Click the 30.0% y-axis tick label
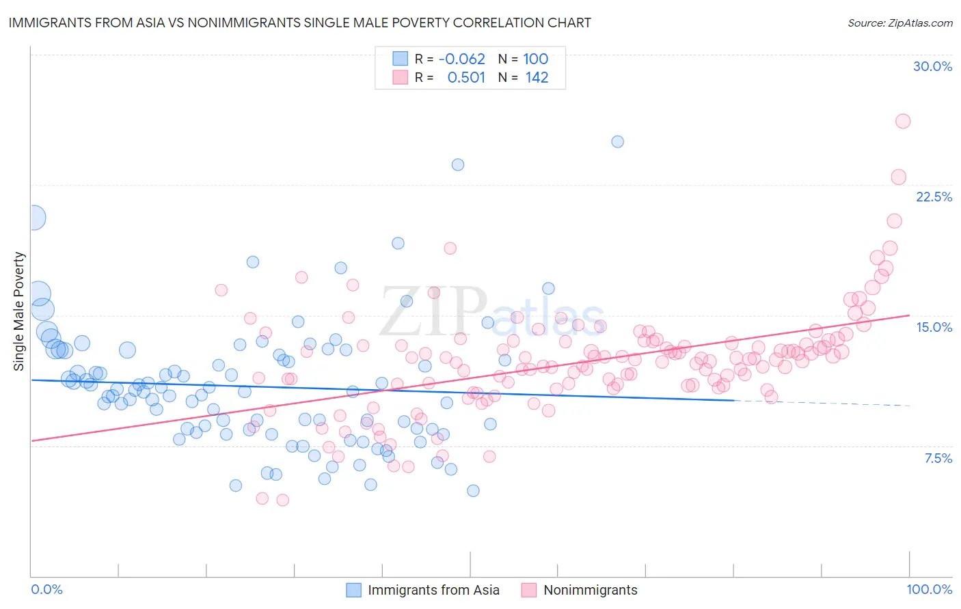[x=932, y=66]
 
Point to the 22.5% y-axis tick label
[x=934, y=197]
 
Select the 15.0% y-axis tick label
[x=934, y=327]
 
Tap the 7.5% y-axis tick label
[x=938, y=458]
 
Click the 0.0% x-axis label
[x=47, y=589]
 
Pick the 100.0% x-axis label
[x=929, y=589]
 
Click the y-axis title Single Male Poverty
[x=19, y=311]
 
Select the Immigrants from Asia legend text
[x=433, y=590]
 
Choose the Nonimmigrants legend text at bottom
[x=590, y=590]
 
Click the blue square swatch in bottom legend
[x=353, y=590]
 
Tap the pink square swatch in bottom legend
[x=529, y=590]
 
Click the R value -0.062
[x=461, y=59]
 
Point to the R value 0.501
[x=466, y=77]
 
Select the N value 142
[x=537, y=77]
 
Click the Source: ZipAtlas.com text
[x=899, y=23]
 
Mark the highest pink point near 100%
[x=902, y=121]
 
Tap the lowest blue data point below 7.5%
[x=473, y=490]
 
